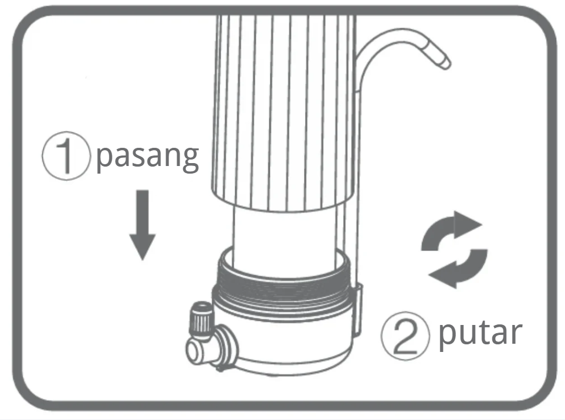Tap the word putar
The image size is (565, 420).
(x=481, y=333)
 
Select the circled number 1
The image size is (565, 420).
(x=66, y=155)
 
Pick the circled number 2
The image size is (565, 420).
(x=405, y=336)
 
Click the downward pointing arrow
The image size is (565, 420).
(x=143, y=225)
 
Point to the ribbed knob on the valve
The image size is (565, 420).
(x=201, y=321)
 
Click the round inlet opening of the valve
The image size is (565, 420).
(x=194, y=350)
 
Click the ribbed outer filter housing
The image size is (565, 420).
(x=284, y=111)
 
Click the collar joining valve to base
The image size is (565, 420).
(x=228, y=347)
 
